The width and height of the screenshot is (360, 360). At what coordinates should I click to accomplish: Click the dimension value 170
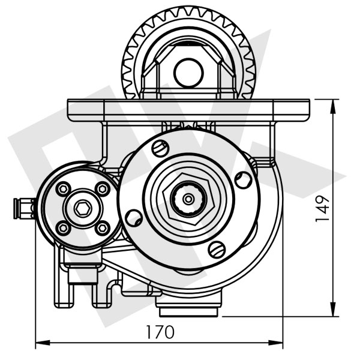(160, 332)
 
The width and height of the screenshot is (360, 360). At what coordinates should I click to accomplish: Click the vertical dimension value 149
(323, 208)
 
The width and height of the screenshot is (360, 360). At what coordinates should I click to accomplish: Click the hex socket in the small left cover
(83, 208)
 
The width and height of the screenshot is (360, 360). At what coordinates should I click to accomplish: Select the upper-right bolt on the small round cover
(102, 189)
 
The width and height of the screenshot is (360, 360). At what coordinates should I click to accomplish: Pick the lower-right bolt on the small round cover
(102, 227)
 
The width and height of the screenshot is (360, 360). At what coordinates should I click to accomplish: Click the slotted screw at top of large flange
(160, 148)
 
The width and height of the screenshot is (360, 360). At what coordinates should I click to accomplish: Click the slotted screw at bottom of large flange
(217, 247)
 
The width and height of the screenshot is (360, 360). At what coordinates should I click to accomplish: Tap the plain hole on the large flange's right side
(242, 178)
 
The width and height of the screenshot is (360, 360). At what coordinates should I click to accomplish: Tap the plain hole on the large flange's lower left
(134, 217)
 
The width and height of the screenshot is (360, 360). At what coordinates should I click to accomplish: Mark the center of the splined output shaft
(188, 198)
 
